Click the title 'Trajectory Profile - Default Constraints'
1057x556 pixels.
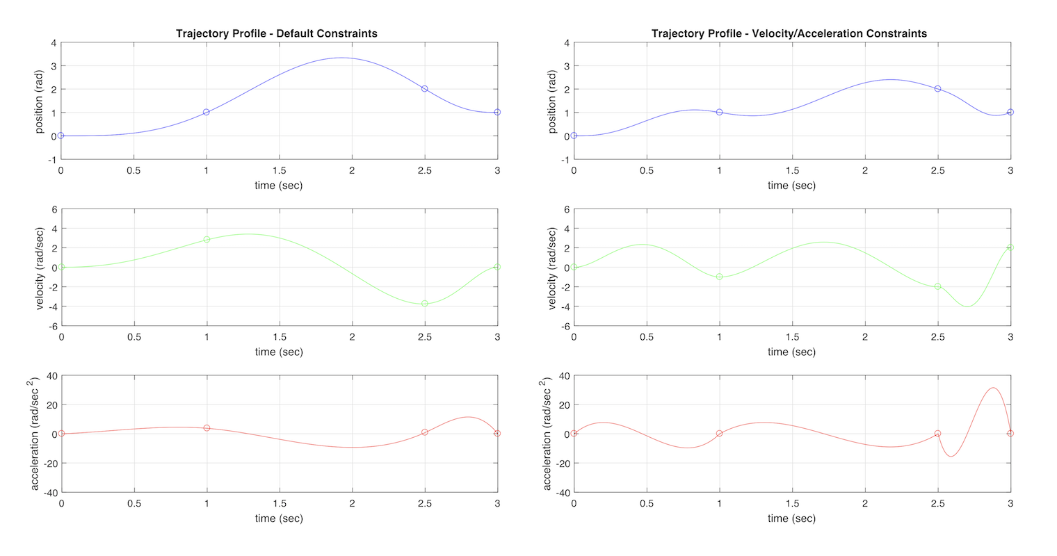click(x=276, y=33)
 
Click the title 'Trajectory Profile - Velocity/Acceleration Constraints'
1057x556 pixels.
click(x=789, y=33)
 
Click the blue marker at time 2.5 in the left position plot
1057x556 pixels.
click(x=424, y=89)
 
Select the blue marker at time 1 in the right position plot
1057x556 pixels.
click(x=719, y=112)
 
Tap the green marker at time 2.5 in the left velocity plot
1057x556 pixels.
click(x=424, y=304)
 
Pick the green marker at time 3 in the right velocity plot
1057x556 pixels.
click(x=1010, y=247)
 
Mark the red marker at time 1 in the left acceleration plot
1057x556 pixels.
click(x=207, y=428)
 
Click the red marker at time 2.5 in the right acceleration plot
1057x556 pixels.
click(x=937, y=434)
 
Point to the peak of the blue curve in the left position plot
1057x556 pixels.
click(x=341, y=58)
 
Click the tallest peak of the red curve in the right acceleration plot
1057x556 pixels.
click(x=992, y=388)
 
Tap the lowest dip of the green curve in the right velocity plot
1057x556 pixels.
click(x=967, y=306)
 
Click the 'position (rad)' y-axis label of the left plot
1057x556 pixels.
click(x=40, y=101)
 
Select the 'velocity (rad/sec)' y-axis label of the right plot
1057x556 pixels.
click(x=552, y=268)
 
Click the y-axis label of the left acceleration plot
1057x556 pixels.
click(x=36, y=434)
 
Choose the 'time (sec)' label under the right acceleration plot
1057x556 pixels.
click(x=791, y=518)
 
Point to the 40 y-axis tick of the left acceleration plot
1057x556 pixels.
click(x=51, y=376)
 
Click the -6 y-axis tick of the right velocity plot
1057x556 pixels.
click(x=565, y=326)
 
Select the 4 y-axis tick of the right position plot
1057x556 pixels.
click(x=567, y=43)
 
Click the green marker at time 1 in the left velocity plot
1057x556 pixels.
click(x=207, y=240)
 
